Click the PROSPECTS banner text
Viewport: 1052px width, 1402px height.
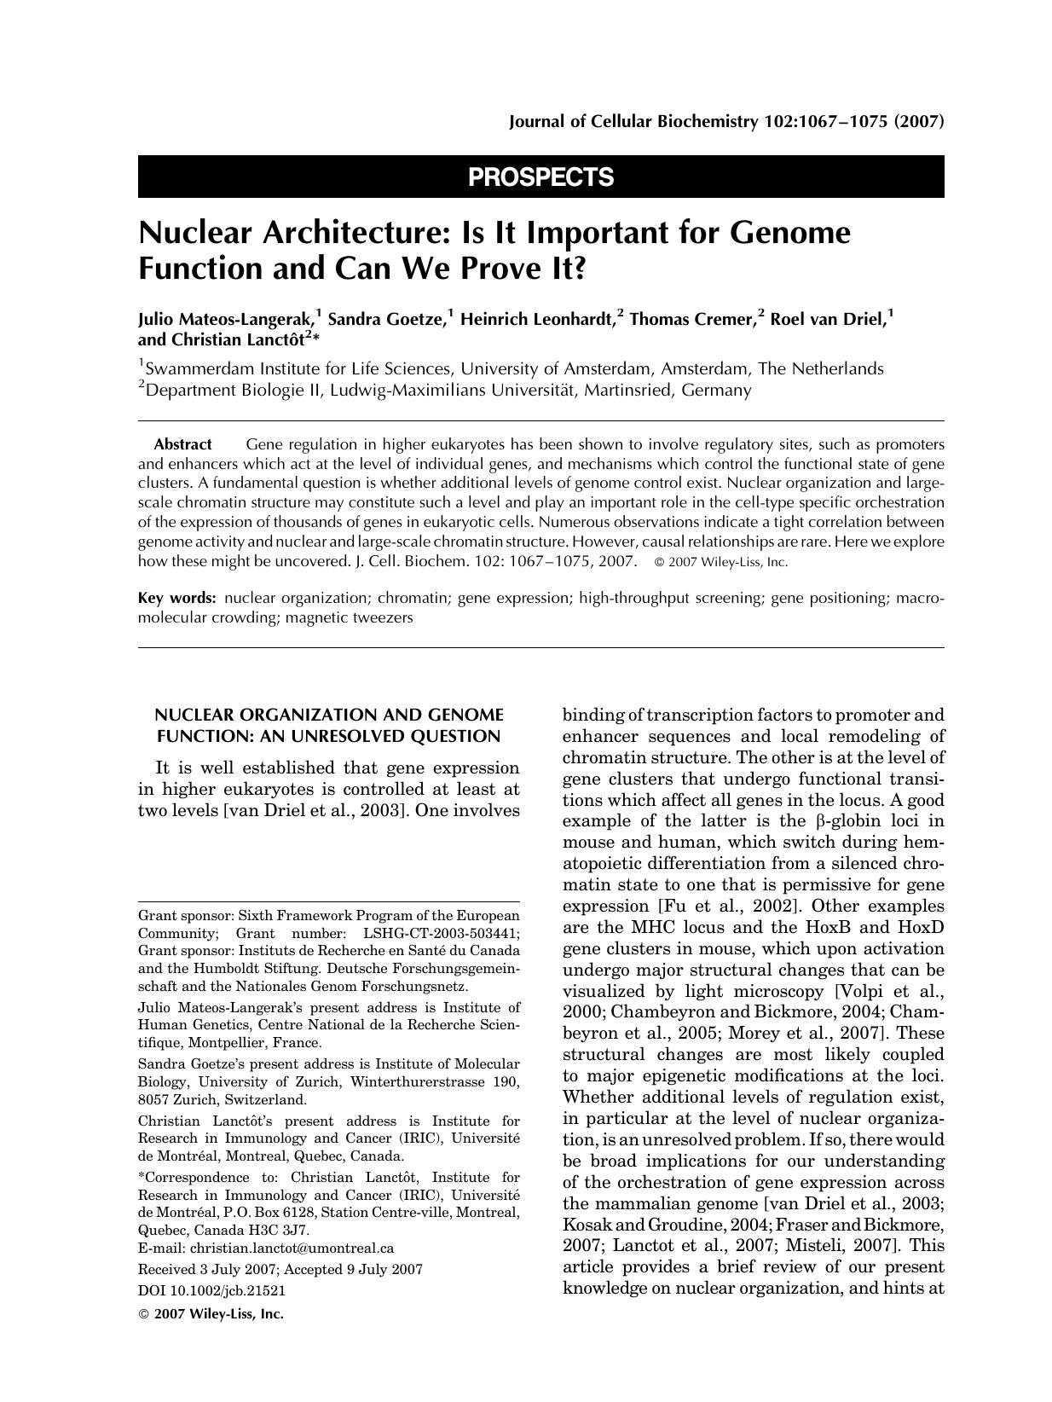pyautogui.click(x=540, y=177)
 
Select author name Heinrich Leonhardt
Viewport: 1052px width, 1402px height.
pyautogui.click(x=536, y=320)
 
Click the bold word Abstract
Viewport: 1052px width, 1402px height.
pyautogui.click(x=182, y=445)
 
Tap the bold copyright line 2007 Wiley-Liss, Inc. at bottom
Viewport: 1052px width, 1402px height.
pyautogui.click(x=217, y=1314)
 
